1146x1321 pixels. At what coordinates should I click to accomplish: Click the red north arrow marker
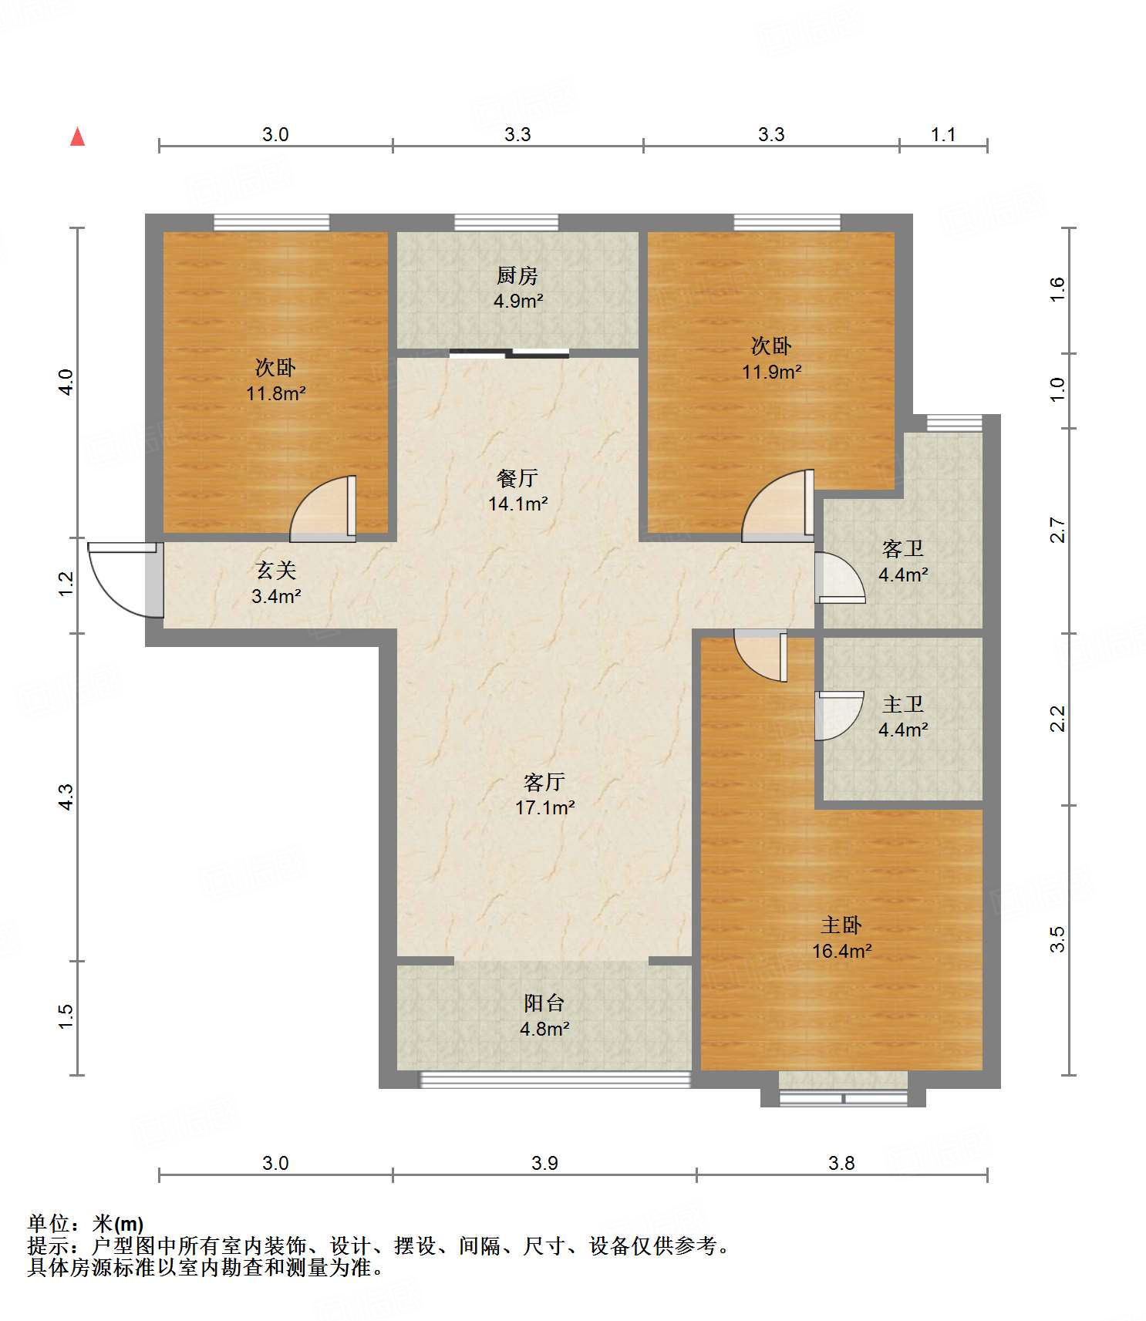coord(77,136)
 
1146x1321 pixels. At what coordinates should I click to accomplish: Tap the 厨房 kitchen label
coord(517,275)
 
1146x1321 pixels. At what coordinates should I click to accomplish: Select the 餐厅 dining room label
coord(517,478)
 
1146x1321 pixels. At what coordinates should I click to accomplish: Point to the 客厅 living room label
coord(544,782)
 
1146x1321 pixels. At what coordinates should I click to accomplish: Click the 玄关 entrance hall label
coord(276,570)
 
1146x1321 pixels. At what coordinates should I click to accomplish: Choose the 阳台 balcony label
coord(544,1003)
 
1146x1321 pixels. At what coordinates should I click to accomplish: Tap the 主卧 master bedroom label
coord(841,925)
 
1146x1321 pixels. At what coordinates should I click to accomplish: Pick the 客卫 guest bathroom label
coord(903,548)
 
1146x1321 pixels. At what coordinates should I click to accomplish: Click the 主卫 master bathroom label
coord(903,704)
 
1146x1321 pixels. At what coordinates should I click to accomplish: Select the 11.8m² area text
coord(276,393)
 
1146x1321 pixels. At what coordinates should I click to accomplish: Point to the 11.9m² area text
coord(772,372)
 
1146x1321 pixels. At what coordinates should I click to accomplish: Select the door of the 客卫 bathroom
coord(840,578)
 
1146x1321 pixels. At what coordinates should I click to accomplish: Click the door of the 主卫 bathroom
coord(840,716)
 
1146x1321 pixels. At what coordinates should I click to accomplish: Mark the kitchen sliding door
coord(509,354)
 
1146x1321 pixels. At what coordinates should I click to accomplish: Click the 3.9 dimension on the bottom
coord(544,1163)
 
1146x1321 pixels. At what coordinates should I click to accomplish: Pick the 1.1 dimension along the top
coord(943,134)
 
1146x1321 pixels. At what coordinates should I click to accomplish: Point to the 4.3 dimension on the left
coord(66,797)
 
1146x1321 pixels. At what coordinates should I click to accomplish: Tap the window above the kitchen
coord(506,223)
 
